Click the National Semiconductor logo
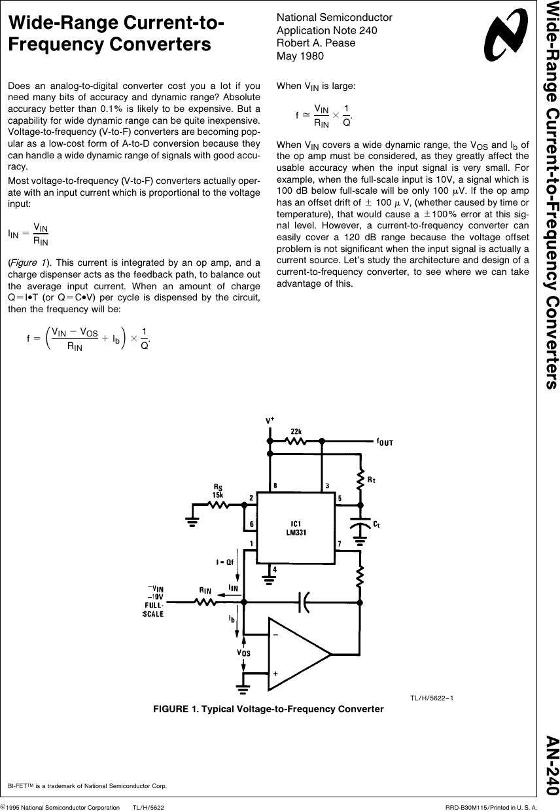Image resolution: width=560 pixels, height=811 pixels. tap(506, 37)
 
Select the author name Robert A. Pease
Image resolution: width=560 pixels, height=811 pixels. tap(316, 43)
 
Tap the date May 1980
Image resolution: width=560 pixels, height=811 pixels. tap(300, 56)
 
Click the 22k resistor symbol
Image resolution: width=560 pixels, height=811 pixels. tap(296, 441)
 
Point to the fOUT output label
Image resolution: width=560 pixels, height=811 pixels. tap(385, 442)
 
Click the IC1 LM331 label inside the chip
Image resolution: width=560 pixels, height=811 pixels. tap(296, 528)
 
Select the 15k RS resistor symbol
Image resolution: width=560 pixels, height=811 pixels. tap(217, 505)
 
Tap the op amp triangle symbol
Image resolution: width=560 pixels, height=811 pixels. tap(298, 654)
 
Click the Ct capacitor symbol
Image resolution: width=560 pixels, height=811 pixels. tap(359, 526)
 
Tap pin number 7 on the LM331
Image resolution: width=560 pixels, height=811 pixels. tap(339, 544)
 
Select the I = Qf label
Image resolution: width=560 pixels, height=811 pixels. tap(226, 562)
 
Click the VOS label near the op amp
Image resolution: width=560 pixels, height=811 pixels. tap(243, 652)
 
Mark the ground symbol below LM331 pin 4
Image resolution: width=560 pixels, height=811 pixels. tap(269, 579)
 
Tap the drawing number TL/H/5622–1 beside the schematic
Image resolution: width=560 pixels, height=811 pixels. tap(431, 698)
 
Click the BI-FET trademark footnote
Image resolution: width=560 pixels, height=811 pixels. tap(87, 785)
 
